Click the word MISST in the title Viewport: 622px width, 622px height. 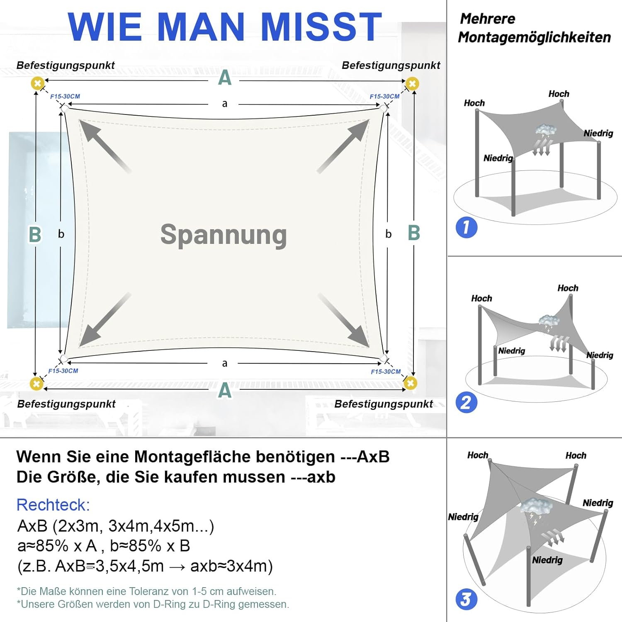(x=321, y=27)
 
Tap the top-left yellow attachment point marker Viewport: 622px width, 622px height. (x=38, y=83)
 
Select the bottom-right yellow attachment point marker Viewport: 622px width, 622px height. (x=410, y=383)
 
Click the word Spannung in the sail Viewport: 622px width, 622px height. (x=224, y=235)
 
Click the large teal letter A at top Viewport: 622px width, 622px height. (x=224, y=78)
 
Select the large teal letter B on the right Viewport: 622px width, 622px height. (x=414, y=233)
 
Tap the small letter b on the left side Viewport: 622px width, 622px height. (x=61, y=234)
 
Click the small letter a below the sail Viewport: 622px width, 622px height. (x=224, y=364)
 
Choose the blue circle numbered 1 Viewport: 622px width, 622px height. (x=466, y=227)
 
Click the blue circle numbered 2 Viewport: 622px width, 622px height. (x=466, y=403)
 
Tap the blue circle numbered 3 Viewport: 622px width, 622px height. (x=466, y=599)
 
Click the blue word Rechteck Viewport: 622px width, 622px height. (x=53, y=505)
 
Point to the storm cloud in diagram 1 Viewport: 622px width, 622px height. (x=545, y=131)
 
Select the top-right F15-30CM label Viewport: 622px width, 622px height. (x=384, y=97)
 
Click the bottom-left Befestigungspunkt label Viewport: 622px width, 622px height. (x=66, y=404)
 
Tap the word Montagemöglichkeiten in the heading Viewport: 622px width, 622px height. (x=534, y=37)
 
